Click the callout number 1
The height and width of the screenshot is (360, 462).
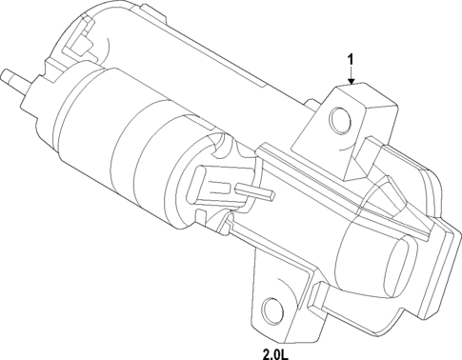pos(351,59)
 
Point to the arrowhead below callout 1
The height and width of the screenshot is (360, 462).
pos(351,83)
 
